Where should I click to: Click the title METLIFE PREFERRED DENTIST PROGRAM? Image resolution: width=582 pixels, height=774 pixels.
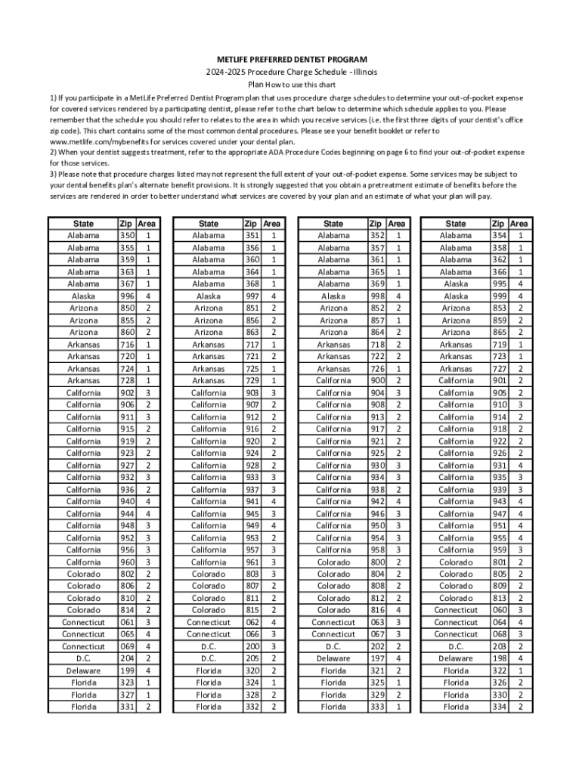(291, 58)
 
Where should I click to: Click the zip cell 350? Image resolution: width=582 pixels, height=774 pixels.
(127, 236)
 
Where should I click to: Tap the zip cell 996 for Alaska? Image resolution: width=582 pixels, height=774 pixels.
(127, 296)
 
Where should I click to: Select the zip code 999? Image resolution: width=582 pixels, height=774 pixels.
(498, 296)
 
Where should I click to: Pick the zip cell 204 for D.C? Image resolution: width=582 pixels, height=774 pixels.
(127, 658)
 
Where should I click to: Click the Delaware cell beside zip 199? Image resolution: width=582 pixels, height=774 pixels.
(83, 670)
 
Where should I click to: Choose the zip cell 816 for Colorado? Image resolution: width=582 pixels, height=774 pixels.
(376, 610)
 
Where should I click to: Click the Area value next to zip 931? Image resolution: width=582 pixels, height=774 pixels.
(519, 465)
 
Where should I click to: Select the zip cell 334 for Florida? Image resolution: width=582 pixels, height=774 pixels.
(498, 707)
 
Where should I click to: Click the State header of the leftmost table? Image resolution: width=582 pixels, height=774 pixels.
(83, 224)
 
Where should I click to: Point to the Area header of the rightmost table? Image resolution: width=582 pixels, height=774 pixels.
(519, 224)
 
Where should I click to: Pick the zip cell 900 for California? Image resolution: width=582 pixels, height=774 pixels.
(376, 381)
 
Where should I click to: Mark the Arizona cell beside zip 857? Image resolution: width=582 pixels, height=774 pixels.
(333, 320)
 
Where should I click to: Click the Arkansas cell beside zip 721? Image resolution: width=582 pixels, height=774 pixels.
(208, 357)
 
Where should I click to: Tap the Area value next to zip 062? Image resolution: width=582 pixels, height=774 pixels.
(272, 622)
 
